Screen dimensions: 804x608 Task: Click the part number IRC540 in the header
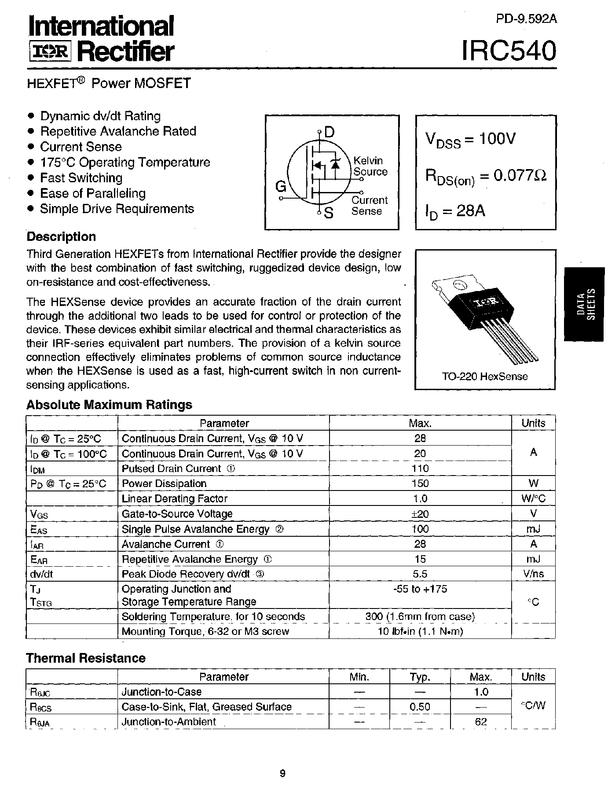[x=509, y=51]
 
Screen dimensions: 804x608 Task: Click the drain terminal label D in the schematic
[x=329, y=132]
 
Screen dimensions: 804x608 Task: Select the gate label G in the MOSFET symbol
[x=280, y=187]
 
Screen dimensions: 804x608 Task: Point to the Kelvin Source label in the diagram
[x=370, y=166]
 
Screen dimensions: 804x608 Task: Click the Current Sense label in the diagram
[x=369, y=206]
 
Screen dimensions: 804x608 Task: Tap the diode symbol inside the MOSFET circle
[x=335, y=164]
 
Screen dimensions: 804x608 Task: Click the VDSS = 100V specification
[x=470, y=140]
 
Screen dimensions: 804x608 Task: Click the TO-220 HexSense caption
[x=485, y=376]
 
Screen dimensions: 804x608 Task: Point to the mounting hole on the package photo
[x=458, y=284]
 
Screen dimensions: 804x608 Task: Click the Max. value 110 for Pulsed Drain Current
[x=420, y=468]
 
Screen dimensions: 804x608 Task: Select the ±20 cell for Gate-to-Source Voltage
[x=420, y=514]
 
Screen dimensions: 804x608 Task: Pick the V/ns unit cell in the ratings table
[x=533, y=574]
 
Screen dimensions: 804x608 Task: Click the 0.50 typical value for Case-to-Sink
[x=420, y=707]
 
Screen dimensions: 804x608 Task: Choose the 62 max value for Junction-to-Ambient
[x=481, y=722]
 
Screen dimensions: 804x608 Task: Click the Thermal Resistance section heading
[x=86, y=658]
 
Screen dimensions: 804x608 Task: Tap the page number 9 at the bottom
[x=282, y=773]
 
